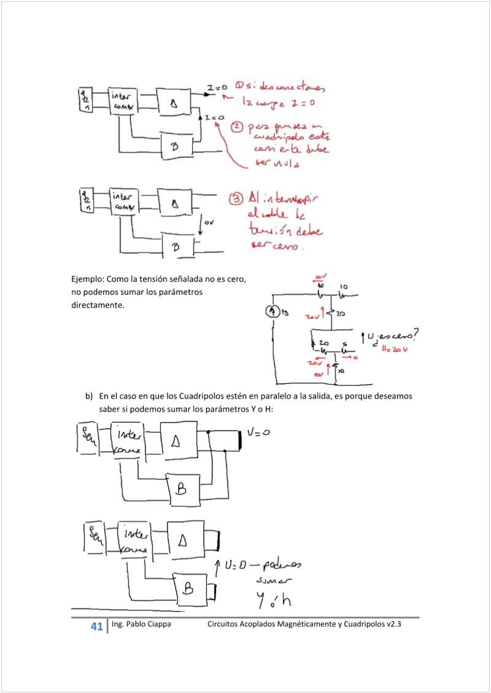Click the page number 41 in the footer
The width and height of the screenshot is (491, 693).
coord(96,627)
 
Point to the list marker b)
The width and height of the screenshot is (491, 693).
coord(90,396)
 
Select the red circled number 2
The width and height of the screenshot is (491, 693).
coord(237,127)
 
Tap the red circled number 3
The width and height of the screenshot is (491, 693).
coord(238,198)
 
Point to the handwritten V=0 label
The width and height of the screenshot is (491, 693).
coord(258,433)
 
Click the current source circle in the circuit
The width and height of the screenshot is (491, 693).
coord(273,312)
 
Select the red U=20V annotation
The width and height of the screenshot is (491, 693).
coord(395,349)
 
